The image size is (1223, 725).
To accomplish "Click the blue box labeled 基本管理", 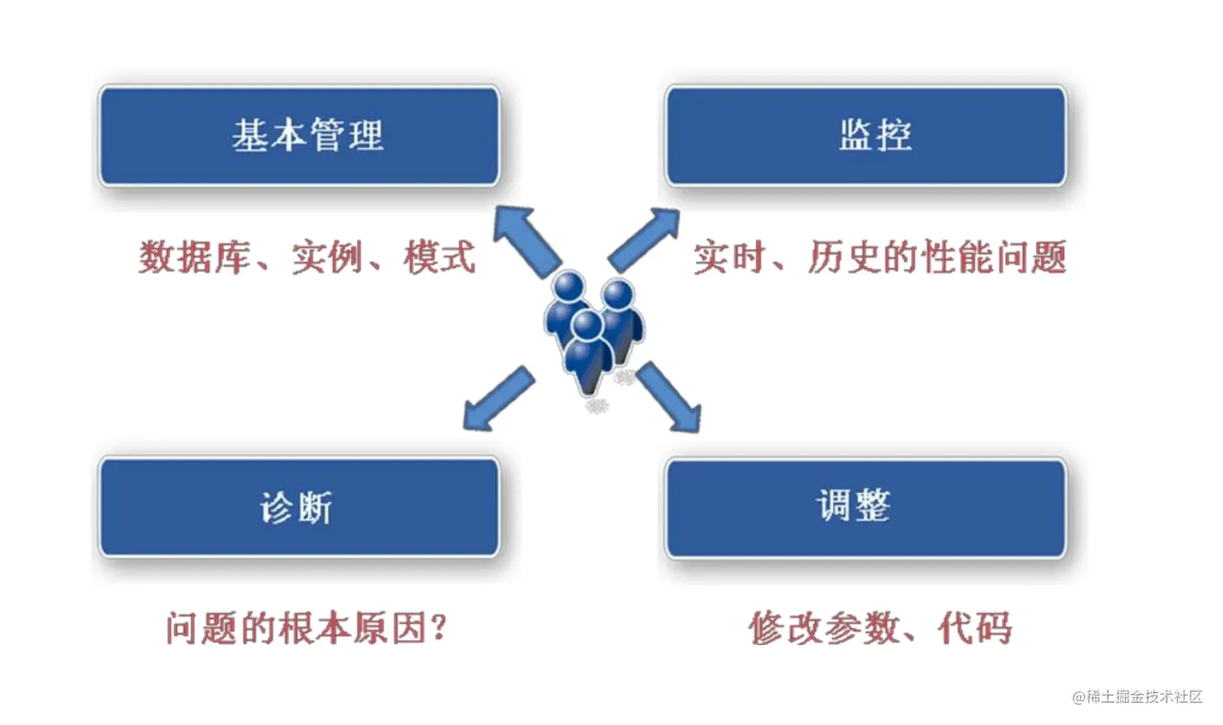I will [x=299, y=136].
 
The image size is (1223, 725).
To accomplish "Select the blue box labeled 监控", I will [x=866, y=136].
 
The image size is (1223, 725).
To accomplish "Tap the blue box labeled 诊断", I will [x=299, y=507].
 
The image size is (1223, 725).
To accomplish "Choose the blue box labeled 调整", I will [x=866, y=507].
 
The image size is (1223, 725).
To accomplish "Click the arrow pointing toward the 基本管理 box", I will [x=526, y=240].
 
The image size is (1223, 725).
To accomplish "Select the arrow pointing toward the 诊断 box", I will [x=497, y=399].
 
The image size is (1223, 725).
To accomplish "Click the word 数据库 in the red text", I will [x=194, y=258].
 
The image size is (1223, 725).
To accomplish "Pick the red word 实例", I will [x=327, y=258].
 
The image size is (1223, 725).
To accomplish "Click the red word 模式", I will [x=439, y=258].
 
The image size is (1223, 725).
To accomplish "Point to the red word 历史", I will [x=844, y=258].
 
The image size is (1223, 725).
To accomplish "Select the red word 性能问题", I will [x=993, y=258].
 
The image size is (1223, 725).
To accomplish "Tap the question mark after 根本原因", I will [x=438, y=629].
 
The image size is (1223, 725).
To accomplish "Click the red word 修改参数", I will [x=825, y=629].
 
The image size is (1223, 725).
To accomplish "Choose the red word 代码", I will [x=975, y=629].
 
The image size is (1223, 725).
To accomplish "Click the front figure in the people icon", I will [x=587, y=351].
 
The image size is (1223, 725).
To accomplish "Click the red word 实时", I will [x=729, y=258].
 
